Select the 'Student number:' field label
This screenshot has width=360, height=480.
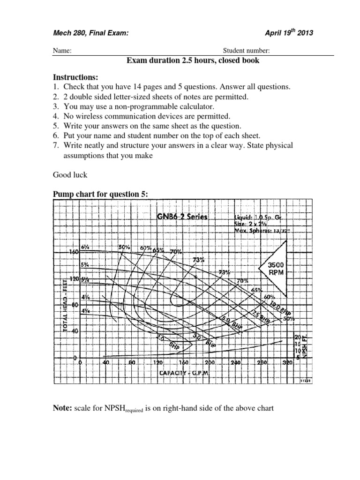246,51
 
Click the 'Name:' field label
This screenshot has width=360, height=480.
61,51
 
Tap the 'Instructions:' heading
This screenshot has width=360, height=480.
75,77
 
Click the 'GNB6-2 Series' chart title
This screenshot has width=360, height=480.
180,217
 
